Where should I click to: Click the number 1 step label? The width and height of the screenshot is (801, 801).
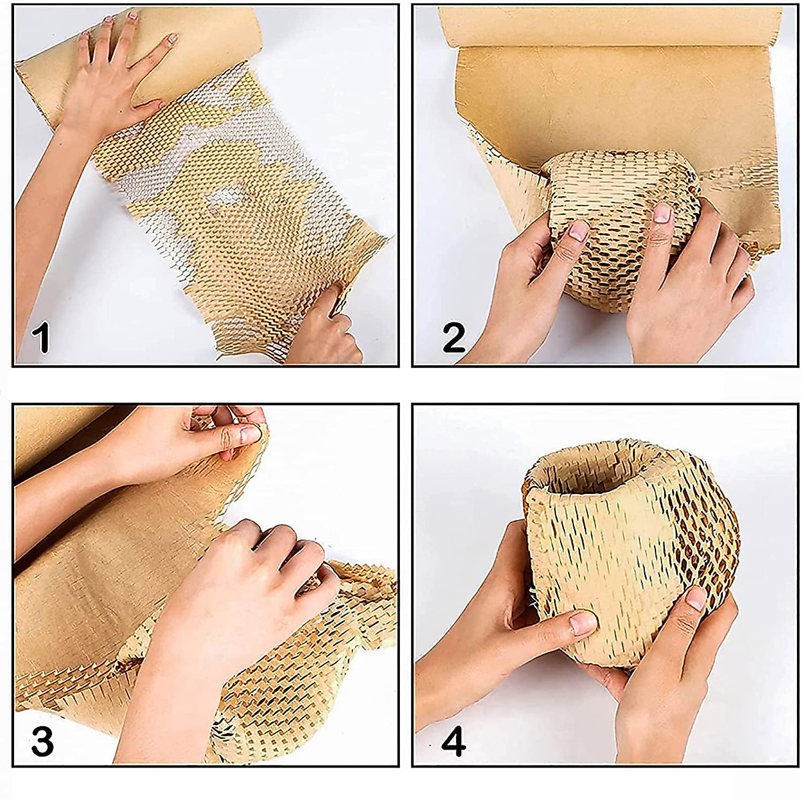click(41, 337)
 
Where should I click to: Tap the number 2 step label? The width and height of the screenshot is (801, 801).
click(454, 337)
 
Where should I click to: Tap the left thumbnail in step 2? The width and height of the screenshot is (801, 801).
click(579, 232)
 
